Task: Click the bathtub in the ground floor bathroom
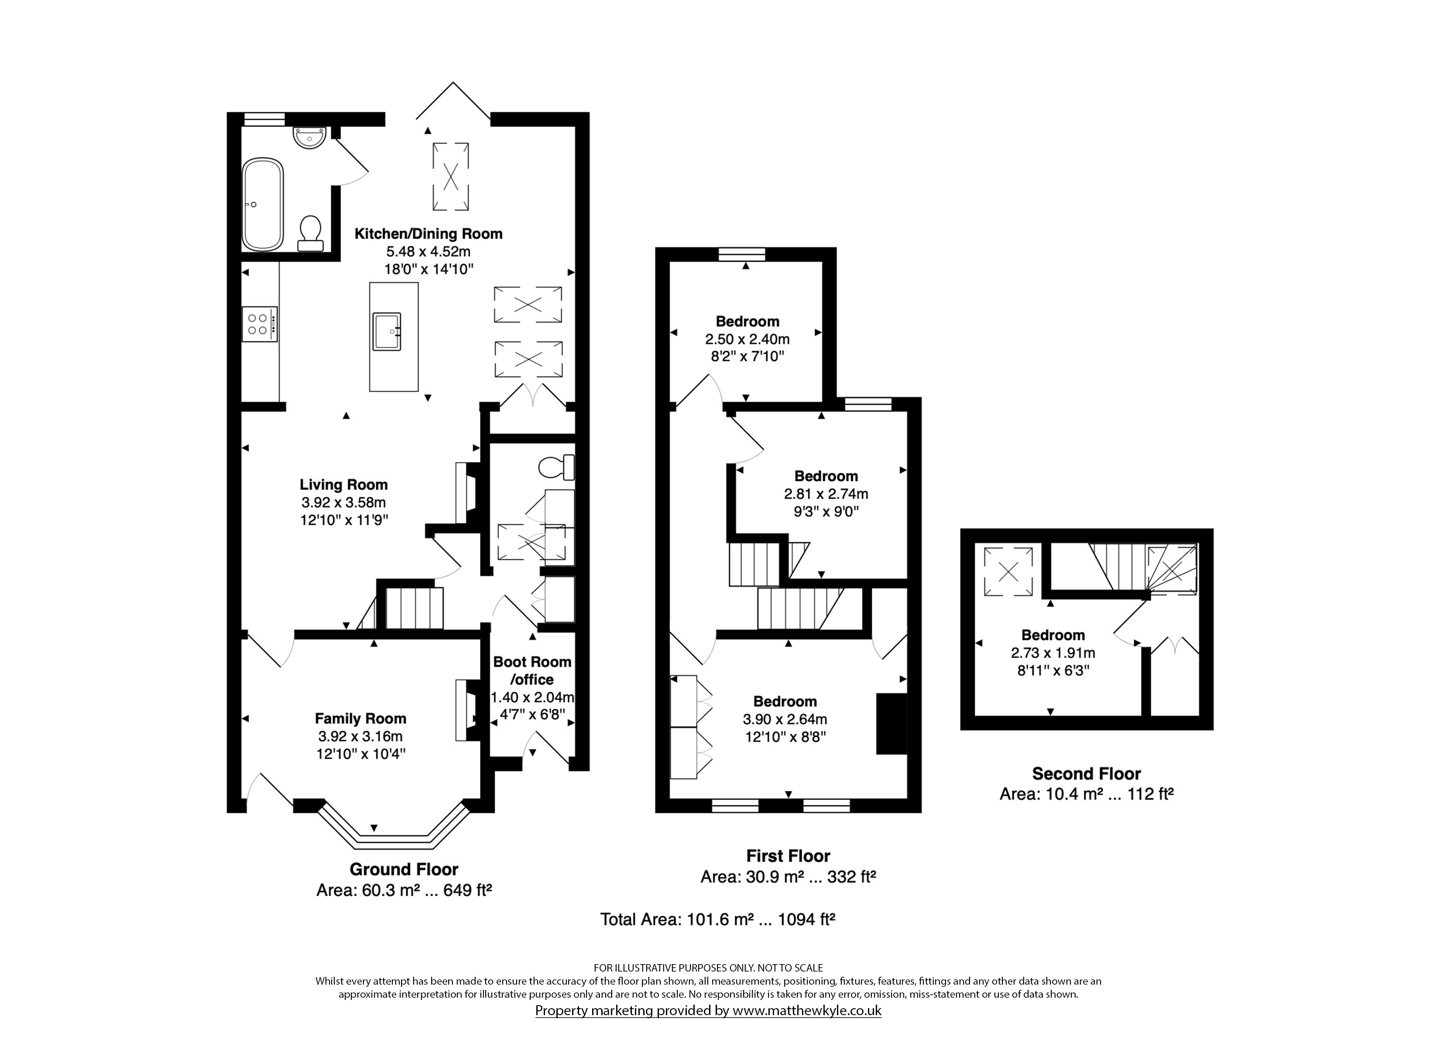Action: tap(262, 205)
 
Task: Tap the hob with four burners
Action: tap(260, 325)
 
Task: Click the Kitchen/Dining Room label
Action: tap(429, 234)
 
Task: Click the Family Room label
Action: tap(360, 719)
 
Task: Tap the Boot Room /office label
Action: tap(532, 671)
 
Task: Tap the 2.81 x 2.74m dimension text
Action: tap(826, 494)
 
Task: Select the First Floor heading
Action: tap(788, 856)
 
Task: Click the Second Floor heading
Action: tap(1087, 773)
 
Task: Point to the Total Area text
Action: tap(717, 919)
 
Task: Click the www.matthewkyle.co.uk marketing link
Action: tap(807, 1010)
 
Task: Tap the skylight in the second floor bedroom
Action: tap(1008, 572)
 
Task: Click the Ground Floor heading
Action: tap(404, 869)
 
